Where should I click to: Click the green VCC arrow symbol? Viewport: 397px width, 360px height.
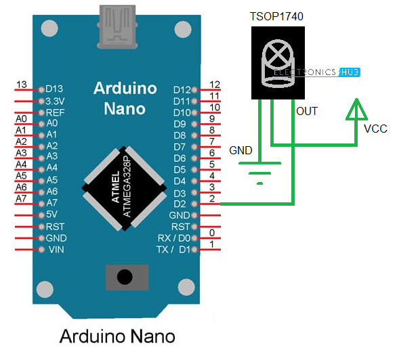click(357, 111)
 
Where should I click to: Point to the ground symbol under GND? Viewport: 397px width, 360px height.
click(259, 173)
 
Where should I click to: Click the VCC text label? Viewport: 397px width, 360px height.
click(376, 128)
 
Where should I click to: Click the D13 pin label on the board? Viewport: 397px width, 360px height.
click(55, 89)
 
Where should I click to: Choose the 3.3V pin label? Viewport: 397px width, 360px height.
click(56, 100)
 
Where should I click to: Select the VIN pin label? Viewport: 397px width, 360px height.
click(55, 250)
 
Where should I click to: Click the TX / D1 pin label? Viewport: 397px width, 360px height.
click(173, 250)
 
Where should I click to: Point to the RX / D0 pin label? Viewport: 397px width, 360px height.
click(173, 238)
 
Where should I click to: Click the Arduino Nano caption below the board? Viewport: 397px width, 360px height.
click(117, 336)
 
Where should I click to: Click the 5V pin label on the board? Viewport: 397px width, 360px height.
click(52, 215)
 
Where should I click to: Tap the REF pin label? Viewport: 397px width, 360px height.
click(54, 112)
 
